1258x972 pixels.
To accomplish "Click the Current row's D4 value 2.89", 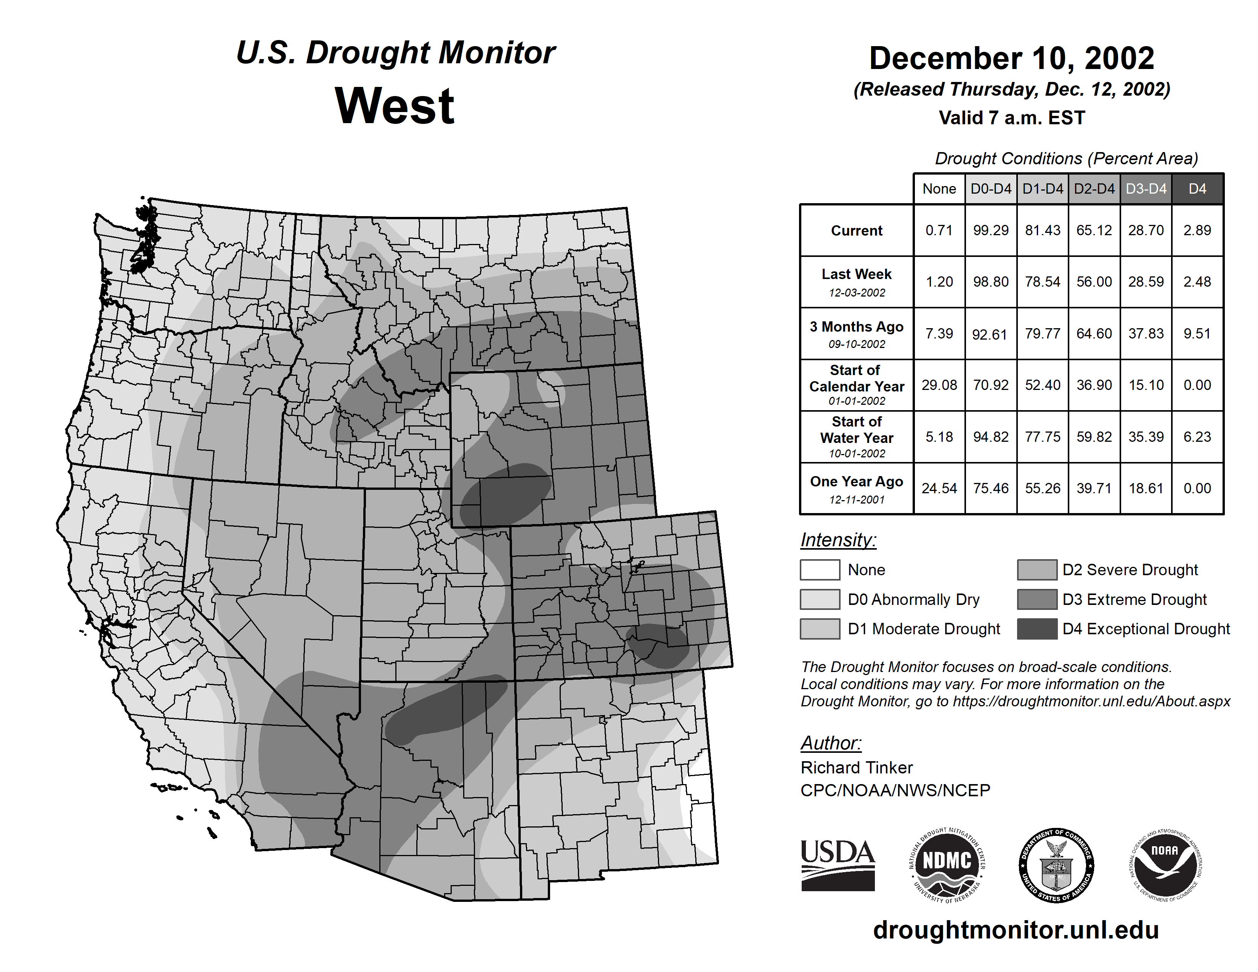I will point(1197,230).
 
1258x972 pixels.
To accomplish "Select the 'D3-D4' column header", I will point(1146,189).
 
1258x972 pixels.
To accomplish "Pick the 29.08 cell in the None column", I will point(939,385).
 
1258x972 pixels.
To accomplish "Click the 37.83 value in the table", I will point(1146,334).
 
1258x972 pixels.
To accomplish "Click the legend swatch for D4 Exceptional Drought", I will point(1037,629).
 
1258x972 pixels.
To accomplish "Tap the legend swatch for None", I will point(820,569).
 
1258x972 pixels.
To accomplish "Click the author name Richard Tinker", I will point(857,768).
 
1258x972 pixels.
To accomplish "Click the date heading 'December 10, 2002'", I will point(1011,58).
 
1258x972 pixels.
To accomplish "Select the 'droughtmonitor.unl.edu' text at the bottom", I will point(1016,930).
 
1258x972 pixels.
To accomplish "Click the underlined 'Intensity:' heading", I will point(838,540).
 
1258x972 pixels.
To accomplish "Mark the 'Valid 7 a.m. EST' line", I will point(1011,118).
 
